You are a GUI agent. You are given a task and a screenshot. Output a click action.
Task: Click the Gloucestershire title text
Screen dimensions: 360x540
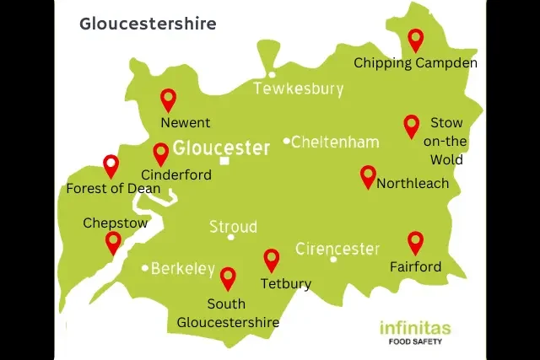click(x=148, y=24)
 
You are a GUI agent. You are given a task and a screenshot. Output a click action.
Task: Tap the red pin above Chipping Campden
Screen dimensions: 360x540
click(x=415, y=39)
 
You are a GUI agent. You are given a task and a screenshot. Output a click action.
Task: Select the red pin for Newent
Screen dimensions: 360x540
click(x=168, y=99)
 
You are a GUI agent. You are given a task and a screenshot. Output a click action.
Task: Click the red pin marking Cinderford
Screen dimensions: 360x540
click(x=160, y=153)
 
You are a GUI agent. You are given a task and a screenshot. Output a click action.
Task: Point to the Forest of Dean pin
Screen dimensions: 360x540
click(x=111, y=165)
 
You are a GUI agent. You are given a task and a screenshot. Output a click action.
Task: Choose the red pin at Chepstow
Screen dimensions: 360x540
click(x=113, y=242)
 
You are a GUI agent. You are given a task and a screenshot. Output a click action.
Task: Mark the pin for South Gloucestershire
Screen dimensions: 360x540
click(x=228, y=277)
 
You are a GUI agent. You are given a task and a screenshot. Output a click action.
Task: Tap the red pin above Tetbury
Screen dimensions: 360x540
click(x=272, y=259)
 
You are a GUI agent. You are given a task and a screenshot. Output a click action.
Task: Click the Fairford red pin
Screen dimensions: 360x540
click(x=415, y=242)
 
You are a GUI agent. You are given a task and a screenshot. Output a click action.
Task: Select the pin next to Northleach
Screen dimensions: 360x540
click(x=368, y=175)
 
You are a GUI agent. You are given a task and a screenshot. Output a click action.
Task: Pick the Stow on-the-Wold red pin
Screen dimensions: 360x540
click(x=411, y=125)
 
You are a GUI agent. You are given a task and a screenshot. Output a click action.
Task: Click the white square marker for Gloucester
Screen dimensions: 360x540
click(x=224, y=161)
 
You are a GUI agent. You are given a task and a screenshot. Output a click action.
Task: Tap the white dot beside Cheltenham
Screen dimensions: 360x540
click(x=287, y=141)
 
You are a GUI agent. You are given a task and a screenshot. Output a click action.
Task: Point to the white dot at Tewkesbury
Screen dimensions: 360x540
click(x=272, y=74)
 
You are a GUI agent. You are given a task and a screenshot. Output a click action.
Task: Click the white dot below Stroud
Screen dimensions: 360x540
click(x=231, y=237)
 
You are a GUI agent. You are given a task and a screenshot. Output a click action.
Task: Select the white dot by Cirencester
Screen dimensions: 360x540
click(x=334, y=259)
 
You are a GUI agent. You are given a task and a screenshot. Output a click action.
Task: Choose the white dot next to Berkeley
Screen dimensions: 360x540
click(x=145, y=269)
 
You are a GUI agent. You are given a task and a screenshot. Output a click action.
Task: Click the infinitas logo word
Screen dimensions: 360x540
click(x=415, y=328)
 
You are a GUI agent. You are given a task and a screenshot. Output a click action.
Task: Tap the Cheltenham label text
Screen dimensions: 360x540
click(x=335, y=142)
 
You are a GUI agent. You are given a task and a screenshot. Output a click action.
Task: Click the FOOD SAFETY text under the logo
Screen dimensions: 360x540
click(x=415, y=342)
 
